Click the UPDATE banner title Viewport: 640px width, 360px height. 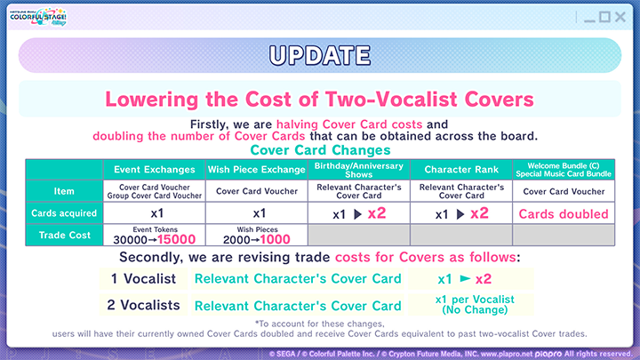pos(319,54)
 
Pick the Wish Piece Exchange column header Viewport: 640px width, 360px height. pos(256,169)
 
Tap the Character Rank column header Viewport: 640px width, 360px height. pos(460,169)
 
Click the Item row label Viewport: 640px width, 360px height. pos(64,190)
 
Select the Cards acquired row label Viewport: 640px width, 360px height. pos(64,213)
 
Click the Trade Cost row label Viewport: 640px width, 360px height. pos(64,236)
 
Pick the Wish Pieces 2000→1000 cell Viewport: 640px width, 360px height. pos(256,236)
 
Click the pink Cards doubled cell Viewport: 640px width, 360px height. pos(564,213)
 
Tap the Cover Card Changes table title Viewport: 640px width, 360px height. pos(319,150)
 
